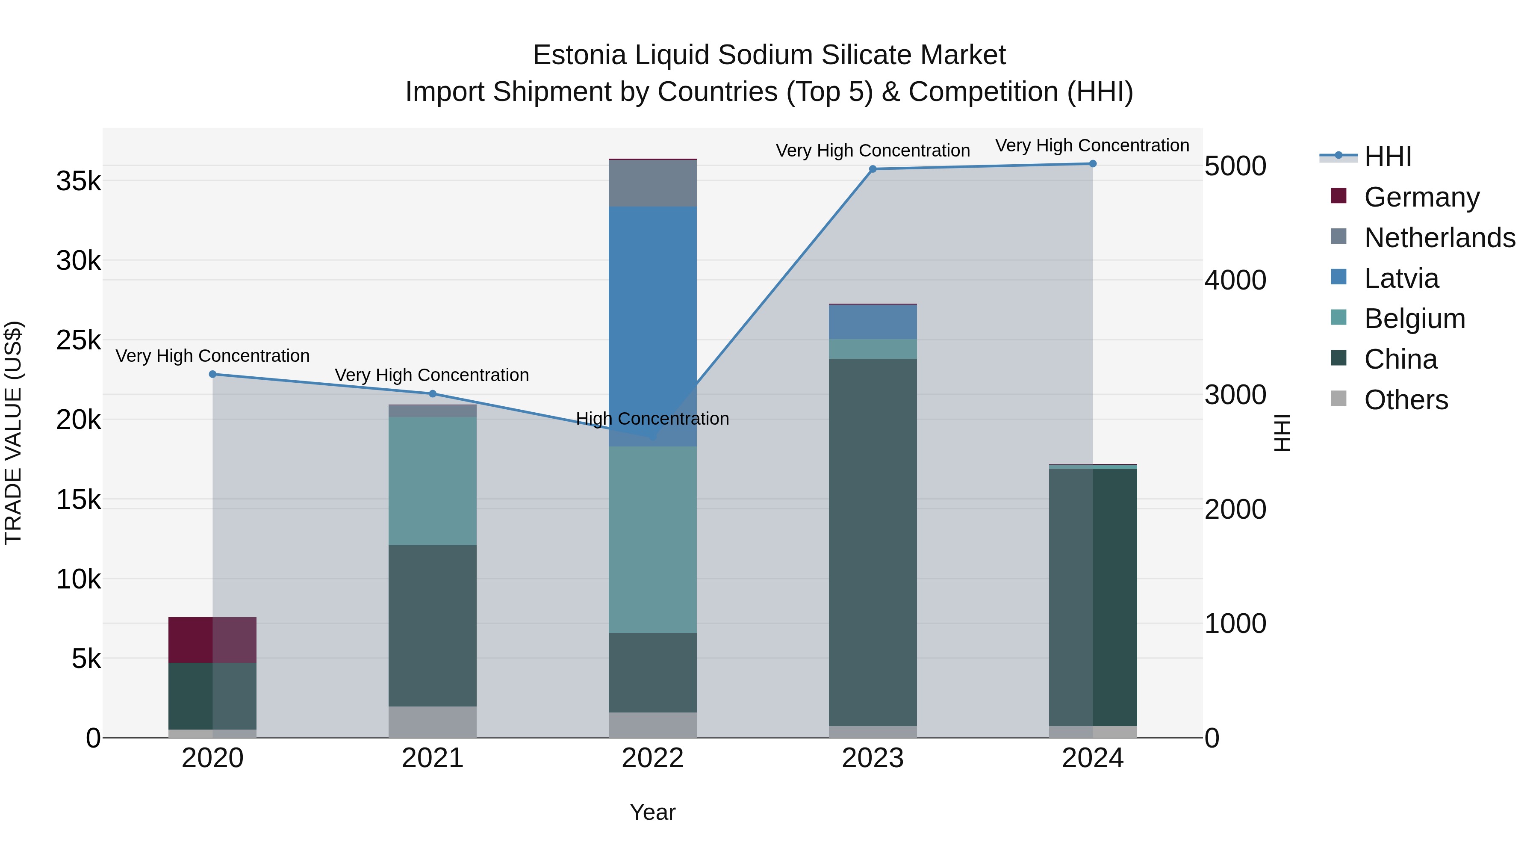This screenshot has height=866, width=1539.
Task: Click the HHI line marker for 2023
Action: coord(872,169)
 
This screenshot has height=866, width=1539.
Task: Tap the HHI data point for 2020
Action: coord(213,374)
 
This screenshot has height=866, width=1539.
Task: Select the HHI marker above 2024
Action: coord(1093,164)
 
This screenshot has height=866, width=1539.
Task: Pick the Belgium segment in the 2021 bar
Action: coord(433,481)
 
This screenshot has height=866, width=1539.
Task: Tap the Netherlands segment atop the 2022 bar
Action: coord(652,183)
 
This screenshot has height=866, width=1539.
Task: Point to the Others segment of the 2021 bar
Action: coord(433,721)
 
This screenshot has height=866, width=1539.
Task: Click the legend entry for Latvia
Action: coord(1401,278)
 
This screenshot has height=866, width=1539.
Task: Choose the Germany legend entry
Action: coord(1421,197)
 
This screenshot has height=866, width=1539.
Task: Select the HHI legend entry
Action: coord(1387,157)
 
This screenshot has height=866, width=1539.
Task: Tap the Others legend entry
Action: coord(1406,400)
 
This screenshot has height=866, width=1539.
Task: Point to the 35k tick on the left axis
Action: coord(78,181)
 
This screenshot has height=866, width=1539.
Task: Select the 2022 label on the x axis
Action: coord(652,758)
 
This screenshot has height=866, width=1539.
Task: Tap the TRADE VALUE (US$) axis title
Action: coord(13,433)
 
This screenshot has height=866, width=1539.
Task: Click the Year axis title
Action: coord(652,812)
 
